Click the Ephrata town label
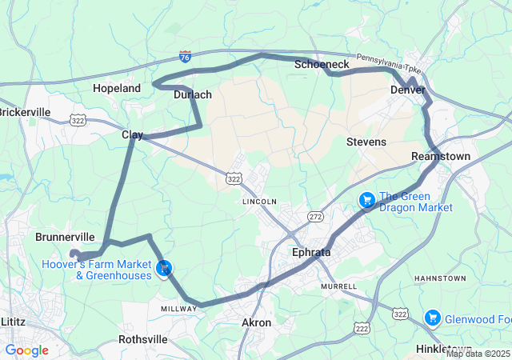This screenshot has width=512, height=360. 310,252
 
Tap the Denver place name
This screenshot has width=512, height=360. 407,90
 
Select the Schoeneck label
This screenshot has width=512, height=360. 322,63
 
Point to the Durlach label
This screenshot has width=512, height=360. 193,94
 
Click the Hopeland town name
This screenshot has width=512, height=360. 117,88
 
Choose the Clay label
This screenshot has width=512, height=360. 132,134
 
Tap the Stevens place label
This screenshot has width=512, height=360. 366,142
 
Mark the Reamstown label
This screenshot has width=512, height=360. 441,156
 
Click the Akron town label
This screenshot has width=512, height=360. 256,322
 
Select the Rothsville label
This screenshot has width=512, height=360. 142,339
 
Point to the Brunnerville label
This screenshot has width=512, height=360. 66,238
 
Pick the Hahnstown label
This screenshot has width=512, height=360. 439,278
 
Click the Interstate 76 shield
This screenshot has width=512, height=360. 185,57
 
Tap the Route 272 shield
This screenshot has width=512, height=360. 316,217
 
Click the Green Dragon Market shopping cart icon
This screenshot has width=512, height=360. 367,199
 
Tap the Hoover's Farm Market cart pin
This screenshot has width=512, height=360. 164,269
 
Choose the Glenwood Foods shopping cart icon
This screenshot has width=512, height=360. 433,318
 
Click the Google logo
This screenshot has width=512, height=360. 27,350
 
